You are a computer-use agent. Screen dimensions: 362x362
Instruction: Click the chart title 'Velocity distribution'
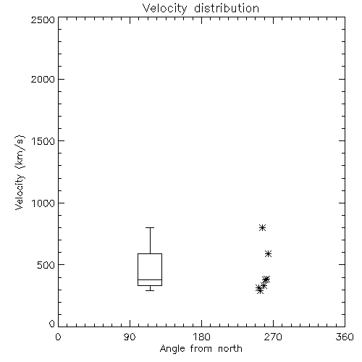point(201,9)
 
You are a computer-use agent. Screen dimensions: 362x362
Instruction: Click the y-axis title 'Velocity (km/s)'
point(20,173)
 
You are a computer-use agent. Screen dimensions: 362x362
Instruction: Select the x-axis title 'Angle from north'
point(201,349)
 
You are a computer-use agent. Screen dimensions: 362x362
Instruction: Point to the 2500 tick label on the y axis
point(43,20)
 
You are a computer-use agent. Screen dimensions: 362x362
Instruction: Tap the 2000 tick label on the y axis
point(43,79)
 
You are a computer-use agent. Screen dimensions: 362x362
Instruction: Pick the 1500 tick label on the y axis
point(43,141)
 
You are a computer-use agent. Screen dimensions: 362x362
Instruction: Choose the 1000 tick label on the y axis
point(43,203)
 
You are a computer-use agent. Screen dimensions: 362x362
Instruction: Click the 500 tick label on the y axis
point(46,265)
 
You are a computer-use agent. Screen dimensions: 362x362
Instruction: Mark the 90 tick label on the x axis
point(130,337)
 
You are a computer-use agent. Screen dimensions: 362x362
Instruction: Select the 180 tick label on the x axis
point(201,337)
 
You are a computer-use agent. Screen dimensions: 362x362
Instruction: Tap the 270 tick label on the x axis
point(273,337)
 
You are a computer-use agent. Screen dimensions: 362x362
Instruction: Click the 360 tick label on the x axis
point(345,337)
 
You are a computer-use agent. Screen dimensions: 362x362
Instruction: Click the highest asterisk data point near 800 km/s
point(262,227)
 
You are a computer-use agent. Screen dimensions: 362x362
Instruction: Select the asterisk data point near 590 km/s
point(268,253)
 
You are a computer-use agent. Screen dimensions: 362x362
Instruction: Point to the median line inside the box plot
point(150,279)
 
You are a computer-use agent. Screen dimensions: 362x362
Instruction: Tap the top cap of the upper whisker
point(150,227)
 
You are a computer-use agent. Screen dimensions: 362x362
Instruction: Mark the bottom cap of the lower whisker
point(150,290)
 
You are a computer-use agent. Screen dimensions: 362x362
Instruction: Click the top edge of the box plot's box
point(150,253)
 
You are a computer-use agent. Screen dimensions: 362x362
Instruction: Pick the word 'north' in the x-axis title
point(230,348)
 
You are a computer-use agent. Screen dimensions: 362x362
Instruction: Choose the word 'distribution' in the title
point(227,9)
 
